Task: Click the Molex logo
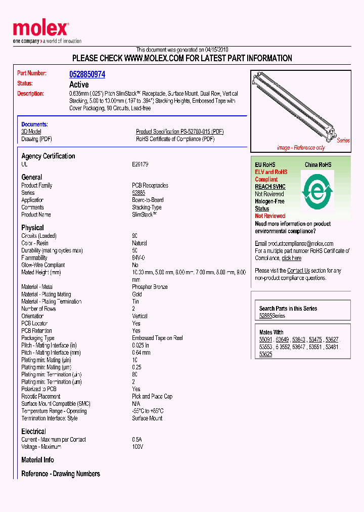(x=40, y=29)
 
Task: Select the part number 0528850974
(x=87, y=74)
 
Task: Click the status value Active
(x=78, y=84)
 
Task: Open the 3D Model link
(x=31, y=132)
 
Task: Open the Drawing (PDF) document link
(x=36, y=139)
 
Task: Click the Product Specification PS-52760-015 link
(x=179, y=132)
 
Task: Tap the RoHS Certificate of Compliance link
(x=175, y=139)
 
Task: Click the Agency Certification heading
(x=48, y=156)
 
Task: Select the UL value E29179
(x=140, y=164)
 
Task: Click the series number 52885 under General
(x=139, y=193)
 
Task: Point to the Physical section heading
(x=32, y=228)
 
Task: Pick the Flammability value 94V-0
(x=139, y=258)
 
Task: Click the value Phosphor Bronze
(x=150, y=287)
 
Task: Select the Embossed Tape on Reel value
(x=157, y=338)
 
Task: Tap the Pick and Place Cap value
(x=152, y=397)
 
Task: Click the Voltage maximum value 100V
(x=138, y=447)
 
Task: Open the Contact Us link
(x=298, y=271)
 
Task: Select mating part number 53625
(x=265, y=354)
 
